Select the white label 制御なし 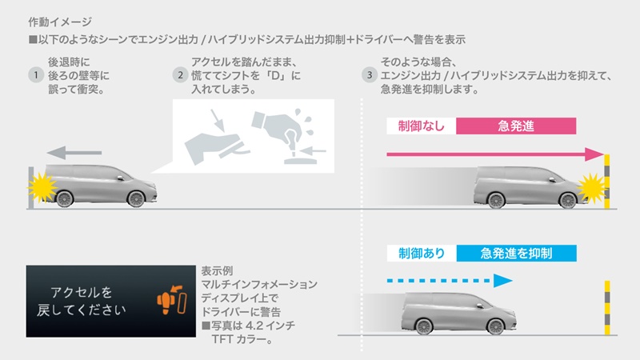[421, 125]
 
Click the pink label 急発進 [515, 125]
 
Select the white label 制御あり [421, 253]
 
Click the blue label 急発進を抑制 [517, 253]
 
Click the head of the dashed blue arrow [502, 281]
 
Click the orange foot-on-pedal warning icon [171, 302]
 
